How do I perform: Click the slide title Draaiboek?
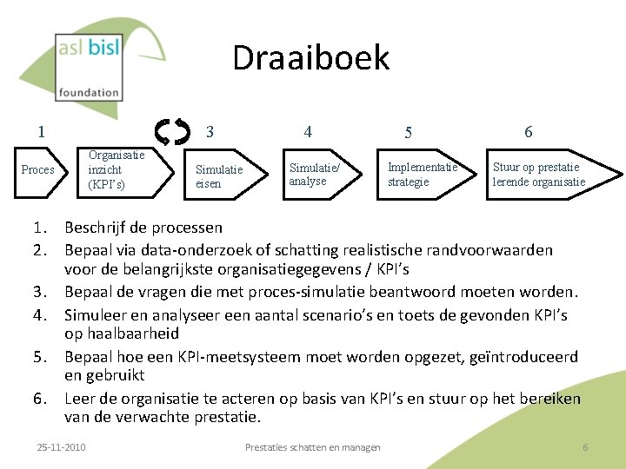coord(310,58)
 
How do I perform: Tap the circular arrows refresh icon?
coord(172,132)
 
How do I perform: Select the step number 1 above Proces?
coord(41,132)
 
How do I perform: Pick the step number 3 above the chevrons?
coord(210,132)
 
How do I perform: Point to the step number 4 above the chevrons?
coord(308,132)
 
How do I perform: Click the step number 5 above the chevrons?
coord(408,133)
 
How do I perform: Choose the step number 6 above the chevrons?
coord(528,132)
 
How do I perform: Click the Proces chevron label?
coord(37,169)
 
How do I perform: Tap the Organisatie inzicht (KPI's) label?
coord(117,169)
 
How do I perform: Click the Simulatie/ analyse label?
coord(315,174)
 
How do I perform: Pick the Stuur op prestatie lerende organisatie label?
coord(538,175)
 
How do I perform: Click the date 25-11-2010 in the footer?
coord(61,447)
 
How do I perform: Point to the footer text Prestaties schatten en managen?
coord(312,447)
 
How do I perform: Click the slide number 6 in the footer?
coord(585,447)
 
